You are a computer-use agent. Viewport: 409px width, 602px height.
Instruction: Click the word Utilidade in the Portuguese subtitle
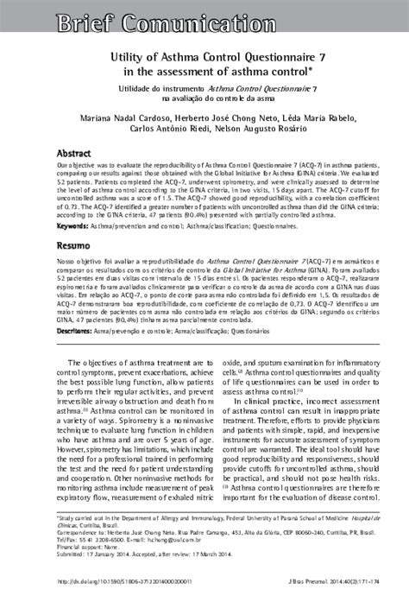(146, 89)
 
